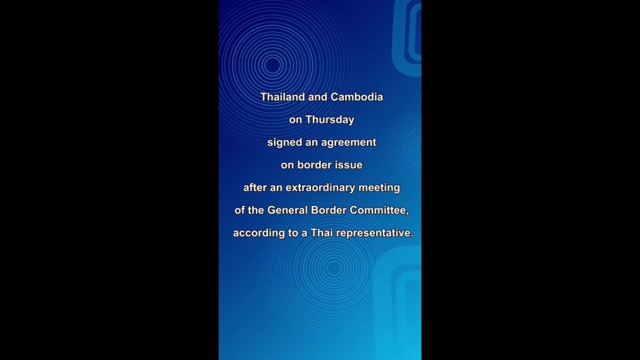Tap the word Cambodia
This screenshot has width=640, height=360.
(x=357, y=97)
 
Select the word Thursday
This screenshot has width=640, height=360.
(x=330, y=120)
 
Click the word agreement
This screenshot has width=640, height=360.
(x=349, y=143)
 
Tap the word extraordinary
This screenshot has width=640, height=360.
(x=320, y=188)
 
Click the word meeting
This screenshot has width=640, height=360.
(x=379, y=188)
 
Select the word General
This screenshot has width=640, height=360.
(x=288, y=210)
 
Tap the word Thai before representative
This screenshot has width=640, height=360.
(x=322, y=233)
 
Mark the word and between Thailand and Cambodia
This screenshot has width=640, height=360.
(x=318, y=97)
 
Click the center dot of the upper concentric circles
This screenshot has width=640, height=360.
(x=272, y=65)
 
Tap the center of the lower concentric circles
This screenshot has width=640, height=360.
(x=334, y=269)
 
